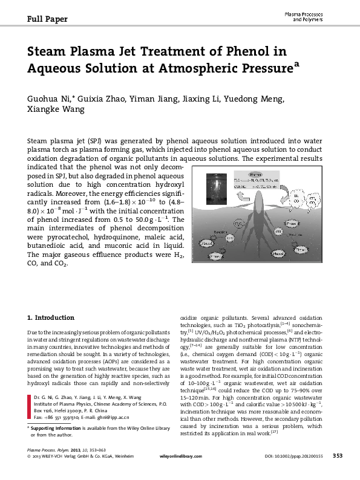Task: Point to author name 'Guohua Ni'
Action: tap(50, 99)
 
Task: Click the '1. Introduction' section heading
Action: tap(51, 317)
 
